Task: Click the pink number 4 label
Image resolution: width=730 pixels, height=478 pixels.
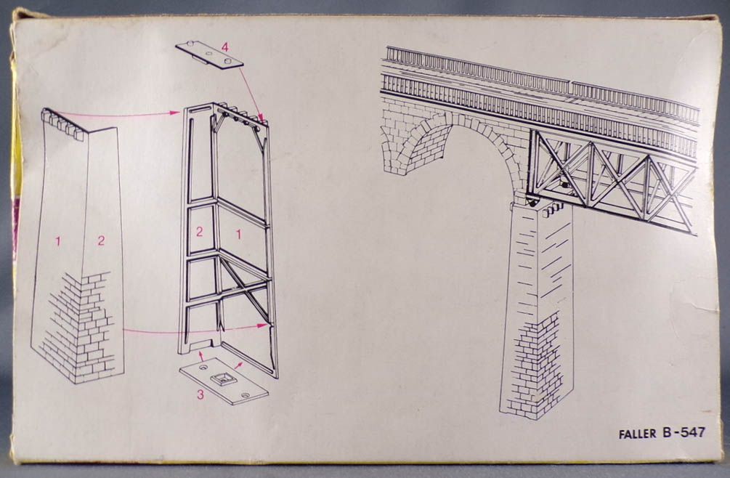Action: tap(225, 47)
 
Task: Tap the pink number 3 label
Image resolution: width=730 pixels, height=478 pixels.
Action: tap(200, 394)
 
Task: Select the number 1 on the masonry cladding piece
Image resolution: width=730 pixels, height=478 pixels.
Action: tap(57, 241)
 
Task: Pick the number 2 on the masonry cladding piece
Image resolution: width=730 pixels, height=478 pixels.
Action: tap(101, 240)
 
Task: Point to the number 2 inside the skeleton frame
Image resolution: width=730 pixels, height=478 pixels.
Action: tap(199, 232)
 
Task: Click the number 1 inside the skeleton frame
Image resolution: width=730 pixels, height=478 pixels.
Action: tap(239, 235)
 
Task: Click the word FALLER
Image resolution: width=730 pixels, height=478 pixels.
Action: tap(638, 434)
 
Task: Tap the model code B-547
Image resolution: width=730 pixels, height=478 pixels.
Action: tap(683, 433)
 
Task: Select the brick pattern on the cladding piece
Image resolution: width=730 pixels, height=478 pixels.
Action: tap(79, 325)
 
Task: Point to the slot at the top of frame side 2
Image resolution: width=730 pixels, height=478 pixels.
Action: tap(199, 110)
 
